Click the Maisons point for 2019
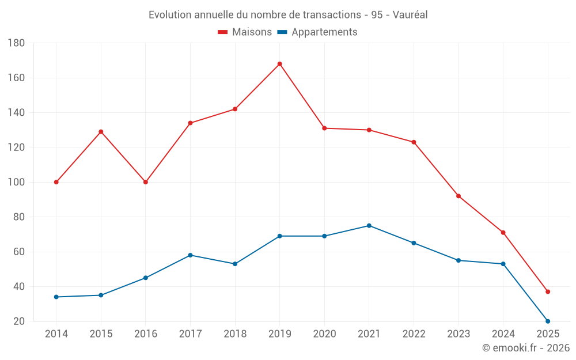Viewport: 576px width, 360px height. pos(280,64)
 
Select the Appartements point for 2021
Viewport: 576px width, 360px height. pos(369,226)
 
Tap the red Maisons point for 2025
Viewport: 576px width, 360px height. pos(548,291)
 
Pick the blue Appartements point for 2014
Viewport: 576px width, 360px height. pos(56,297)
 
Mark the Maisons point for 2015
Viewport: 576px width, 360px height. pos(101,132)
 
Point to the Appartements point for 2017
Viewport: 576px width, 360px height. pos(190,255)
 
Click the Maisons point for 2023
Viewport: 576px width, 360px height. pos(458,196)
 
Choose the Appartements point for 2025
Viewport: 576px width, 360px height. pos(548,321)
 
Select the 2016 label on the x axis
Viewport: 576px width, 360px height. pos(146,334)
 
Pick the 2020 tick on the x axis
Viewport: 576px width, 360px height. pos(324,334)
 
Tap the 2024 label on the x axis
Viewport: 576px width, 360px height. pos(503,334)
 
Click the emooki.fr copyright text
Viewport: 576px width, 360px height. pos(526,348)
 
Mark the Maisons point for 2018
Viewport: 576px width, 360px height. pos(235,109)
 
